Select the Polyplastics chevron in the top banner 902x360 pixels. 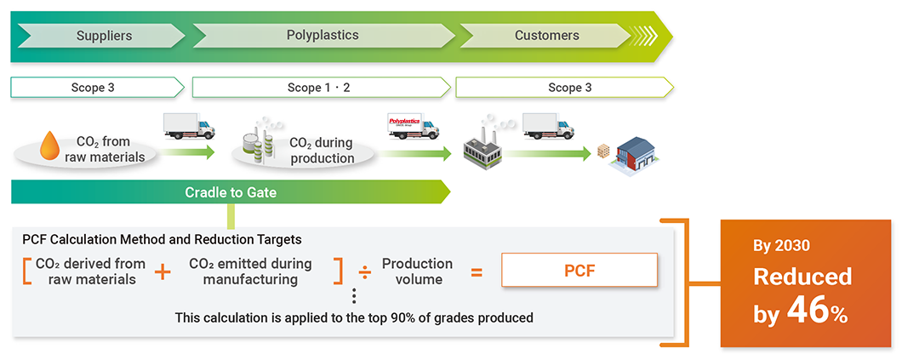(323, 36)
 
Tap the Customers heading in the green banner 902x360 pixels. (546, 36)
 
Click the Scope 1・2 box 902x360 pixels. (320, 88)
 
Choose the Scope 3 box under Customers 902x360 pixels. (564, 88)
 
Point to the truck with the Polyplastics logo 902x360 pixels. (412, 128)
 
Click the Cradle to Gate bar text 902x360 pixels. (231, 192)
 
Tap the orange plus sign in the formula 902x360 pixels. (163, 272)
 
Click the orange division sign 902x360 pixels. (364, 272)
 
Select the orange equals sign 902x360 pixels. (477, 272)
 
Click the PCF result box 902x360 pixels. (579, 271)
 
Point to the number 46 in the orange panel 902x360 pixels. (807, 311)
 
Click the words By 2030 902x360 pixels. (782, 246)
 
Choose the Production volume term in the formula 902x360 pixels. (417, 271)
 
